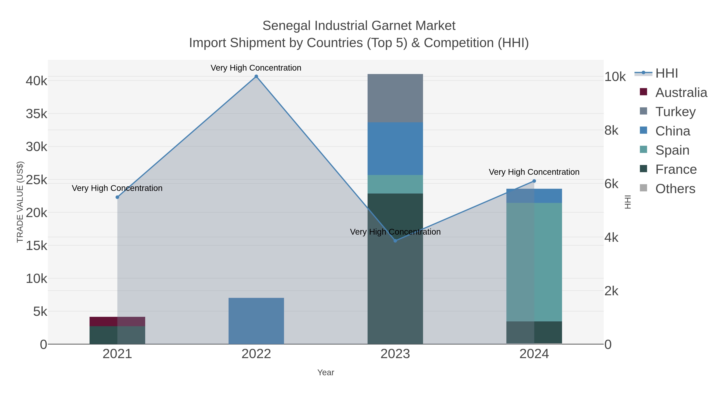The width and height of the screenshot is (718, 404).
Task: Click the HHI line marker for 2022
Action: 256,76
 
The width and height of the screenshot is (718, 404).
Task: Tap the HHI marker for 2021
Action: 117,197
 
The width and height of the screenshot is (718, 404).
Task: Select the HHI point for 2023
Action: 395,241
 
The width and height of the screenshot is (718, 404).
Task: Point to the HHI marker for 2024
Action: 534,181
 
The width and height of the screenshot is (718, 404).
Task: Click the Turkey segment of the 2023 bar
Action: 395,98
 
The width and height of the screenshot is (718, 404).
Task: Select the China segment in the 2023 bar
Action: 395,149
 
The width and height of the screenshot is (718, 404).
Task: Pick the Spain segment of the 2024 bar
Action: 534,262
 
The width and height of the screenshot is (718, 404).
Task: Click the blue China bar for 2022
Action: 256,321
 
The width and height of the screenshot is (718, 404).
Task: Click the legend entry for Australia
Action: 681,93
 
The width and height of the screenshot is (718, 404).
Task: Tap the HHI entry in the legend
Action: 666,73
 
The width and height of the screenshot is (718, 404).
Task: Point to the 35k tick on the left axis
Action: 36,114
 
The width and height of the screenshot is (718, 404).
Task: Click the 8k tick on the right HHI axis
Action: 611,130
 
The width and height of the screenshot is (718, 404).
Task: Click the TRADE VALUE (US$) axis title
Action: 20,202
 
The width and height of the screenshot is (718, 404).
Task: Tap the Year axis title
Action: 325,372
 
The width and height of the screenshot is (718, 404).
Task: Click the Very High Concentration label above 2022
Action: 256,68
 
